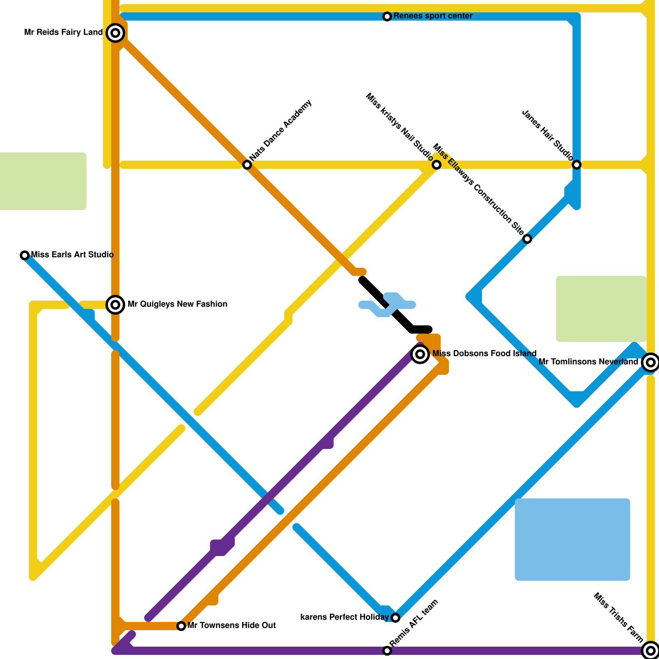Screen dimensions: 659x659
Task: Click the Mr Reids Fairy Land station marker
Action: [115, 33]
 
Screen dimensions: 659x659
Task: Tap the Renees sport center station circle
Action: [387, 16]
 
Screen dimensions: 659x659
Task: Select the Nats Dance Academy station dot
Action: [247, 165]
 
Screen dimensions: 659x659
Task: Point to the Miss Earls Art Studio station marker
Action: [25, 255]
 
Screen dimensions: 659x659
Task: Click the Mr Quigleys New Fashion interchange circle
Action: [115, 305]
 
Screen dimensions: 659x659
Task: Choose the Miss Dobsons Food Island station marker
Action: [420, 354]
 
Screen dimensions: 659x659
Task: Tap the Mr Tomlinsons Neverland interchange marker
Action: [650, 362]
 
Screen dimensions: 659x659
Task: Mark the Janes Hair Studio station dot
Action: [577, 165]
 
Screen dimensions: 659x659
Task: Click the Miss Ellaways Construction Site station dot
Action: [527, 239]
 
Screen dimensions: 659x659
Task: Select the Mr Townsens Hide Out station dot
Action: [181, 626]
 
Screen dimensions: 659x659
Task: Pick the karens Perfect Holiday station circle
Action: [395, 617]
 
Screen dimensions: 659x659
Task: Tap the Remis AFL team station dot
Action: [387, 651]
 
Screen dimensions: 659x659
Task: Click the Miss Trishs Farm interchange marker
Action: [650, 650]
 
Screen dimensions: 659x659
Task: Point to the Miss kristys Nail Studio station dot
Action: [437, 165]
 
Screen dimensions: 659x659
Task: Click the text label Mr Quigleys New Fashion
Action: [178, 304]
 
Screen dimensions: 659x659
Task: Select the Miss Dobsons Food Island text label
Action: [484, 353]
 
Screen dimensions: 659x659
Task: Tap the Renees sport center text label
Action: [433, 16]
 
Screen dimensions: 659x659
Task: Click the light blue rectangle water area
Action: [573, 540]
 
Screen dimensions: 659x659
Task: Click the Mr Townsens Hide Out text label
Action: [231, 625]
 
